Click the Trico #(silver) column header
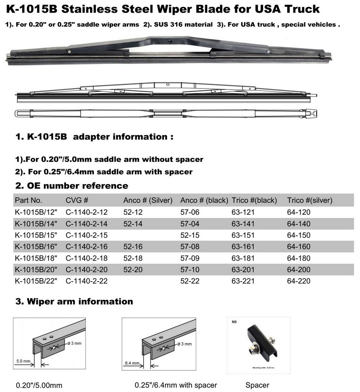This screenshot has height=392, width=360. (309, 200)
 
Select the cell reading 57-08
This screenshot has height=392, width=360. (190, 247)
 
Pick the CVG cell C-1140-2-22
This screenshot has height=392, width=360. (86, 281)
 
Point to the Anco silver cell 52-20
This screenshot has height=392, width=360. (133, 270)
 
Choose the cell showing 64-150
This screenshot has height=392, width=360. (298, 235)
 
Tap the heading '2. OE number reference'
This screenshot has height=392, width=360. (72, 186)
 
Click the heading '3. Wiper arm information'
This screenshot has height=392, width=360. (74, 301)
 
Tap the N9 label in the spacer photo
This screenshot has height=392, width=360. (234, 323)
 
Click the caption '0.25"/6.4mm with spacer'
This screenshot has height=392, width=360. (176, 385)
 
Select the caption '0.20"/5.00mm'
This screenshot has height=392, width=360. (39, 386)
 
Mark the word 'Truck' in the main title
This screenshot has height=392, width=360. (302, 9)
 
